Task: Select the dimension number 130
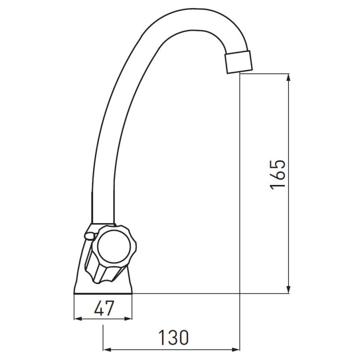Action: point(174,338)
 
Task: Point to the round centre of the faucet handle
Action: point(114,246)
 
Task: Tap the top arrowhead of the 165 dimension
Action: point(289,77)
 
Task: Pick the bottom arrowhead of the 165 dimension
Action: point(289,289)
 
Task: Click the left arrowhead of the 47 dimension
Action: point(78,319)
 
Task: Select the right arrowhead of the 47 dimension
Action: point(128,319)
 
